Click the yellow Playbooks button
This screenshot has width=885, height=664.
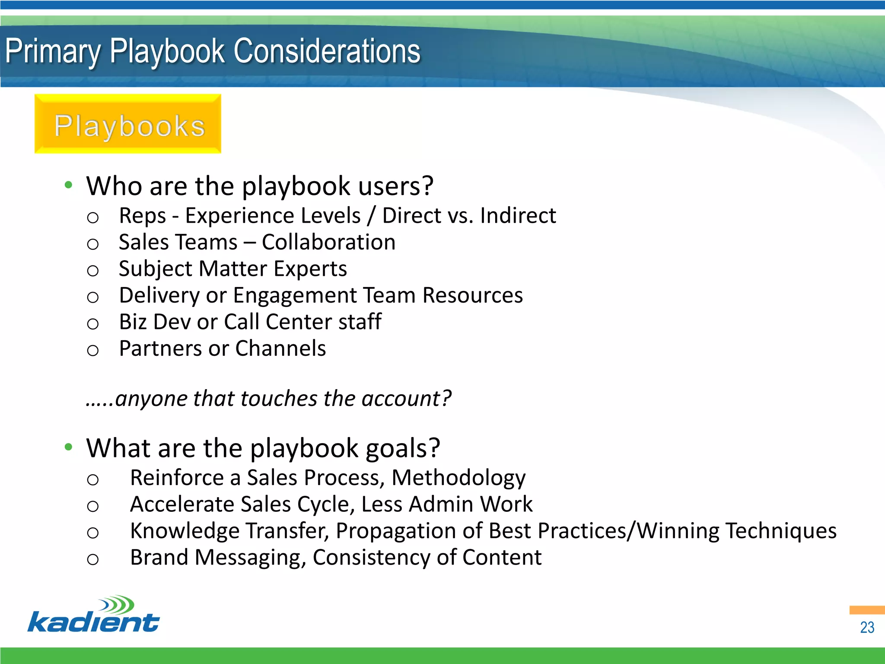click(128, 124)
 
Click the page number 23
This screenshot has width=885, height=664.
click(867, 627)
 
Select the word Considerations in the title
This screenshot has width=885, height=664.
click(327, 51)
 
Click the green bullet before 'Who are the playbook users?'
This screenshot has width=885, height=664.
click(68, 185)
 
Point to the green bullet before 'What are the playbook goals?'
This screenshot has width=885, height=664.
click(68, 447)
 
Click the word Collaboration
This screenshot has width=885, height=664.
click(328, 242)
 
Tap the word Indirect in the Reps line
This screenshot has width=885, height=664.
click(518, 216)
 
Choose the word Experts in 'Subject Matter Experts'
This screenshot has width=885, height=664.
click(310, 269)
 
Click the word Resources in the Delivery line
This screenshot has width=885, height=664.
click(472, 295)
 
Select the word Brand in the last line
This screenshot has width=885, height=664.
click(159, 558)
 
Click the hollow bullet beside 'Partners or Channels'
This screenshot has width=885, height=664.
click(93, 350)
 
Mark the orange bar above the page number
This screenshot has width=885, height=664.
click(866, 610)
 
